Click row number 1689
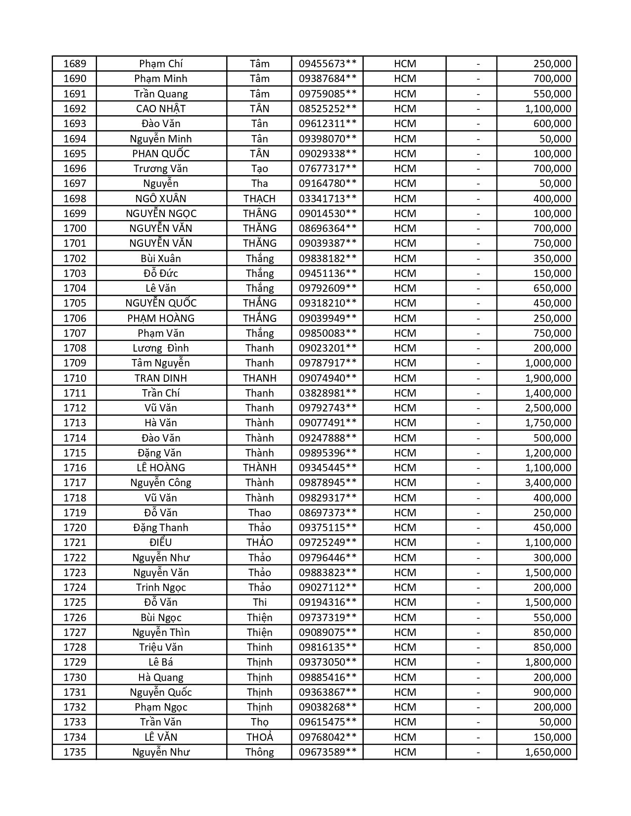click(x=75, y=64)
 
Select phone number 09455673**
click(x=327, y=64)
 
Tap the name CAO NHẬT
click(x=161, y=109)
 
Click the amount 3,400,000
click(x=548, y=483)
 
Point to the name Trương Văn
click(x=161, y=169)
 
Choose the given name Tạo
click(x=259, y=169)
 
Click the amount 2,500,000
click(x=548, y=408)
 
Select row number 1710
click(x=75, y=378)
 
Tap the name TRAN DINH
click(x=161, y=378)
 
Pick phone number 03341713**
click(x=327, y=199)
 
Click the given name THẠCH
click(x=259, y=199)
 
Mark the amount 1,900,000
click(x=548, y=378)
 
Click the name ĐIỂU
click(x=161, y=543)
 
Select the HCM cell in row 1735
click(x=405, y=752)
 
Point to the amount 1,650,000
click(x=548, y=752)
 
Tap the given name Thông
click(x=259, y=752)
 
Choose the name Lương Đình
click(x=161, y=348)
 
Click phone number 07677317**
click(x=327, y=169)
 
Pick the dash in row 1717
click(x=478, y=483)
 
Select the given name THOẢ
click(x=259, y=737)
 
